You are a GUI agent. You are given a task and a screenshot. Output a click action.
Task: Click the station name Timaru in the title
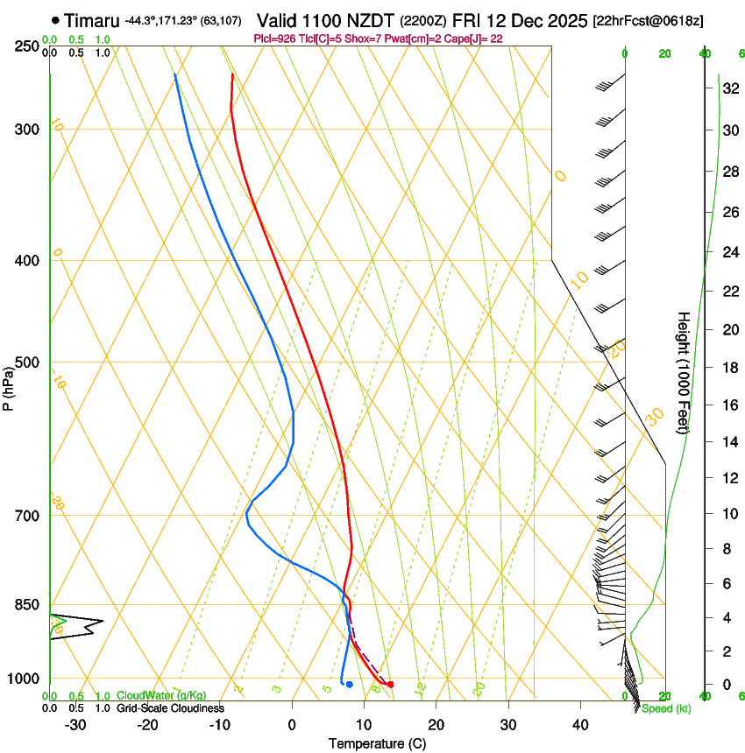point(91,19)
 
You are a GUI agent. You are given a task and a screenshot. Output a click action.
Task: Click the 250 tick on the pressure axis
point(26,46)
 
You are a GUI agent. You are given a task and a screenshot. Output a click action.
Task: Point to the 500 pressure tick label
point(26,362)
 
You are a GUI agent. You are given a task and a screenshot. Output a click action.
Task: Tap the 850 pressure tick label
point(26,604)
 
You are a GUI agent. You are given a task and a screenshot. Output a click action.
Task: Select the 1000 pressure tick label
point(23,679)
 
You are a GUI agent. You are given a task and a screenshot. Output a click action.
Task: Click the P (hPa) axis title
point(8,386)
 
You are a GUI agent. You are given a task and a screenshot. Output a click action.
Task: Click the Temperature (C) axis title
point(377,743)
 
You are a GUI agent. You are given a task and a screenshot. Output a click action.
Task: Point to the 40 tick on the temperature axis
point(580,724)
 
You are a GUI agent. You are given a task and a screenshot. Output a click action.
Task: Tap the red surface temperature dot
point(390,684)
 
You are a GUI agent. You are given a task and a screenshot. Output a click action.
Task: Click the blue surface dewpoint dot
point(349,684)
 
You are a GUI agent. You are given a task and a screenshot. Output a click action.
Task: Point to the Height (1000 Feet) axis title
point(684,372)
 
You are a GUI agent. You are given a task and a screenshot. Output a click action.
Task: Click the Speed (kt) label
point(665,708)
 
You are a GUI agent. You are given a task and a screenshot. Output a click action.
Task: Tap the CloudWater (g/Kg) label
point(161,696)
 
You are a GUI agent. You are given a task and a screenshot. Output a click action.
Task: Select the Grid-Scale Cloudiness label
point(170,707)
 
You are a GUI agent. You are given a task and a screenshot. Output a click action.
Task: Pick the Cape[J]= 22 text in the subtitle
point(478,39)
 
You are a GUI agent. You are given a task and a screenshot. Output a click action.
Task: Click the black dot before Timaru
point(56,19)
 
